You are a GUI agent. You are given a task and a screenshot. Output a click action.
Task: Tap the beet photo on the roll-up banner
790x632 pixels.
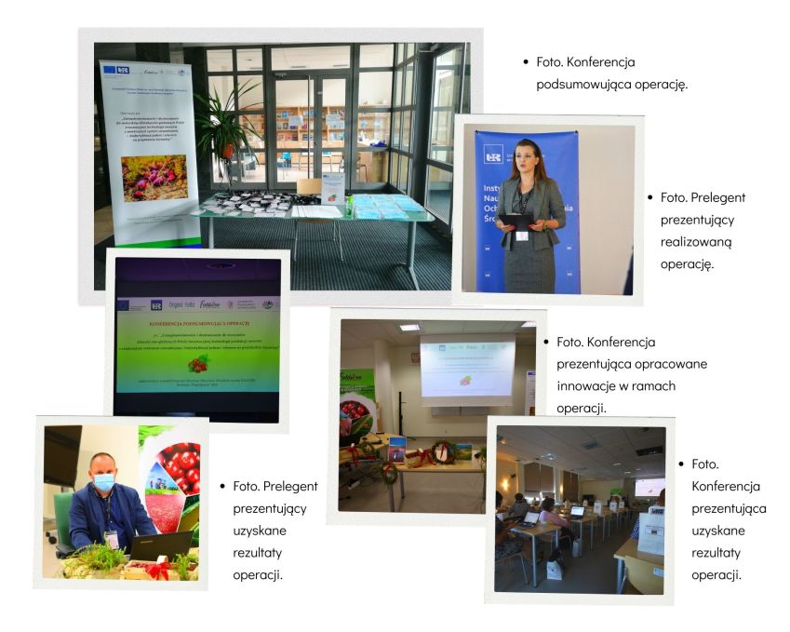click(154, 177)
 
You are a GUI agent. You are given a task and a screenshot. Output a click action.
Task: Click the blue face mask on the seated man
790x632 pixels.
click(103, 482)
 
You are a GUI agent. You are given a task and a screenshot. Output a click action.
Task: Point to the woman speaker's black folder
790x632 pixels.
click(516, 221)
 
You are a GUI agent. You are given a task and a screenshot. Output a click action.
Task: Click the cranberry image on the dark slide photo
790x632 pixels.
click(198, 365)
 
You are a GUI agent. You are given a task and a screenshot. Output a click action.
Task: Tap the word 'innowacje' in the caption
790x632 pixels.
click(588, 386)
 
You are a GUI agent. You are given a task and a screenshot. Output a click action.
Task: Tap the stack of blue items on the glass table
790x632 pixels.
click(378, 206)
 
